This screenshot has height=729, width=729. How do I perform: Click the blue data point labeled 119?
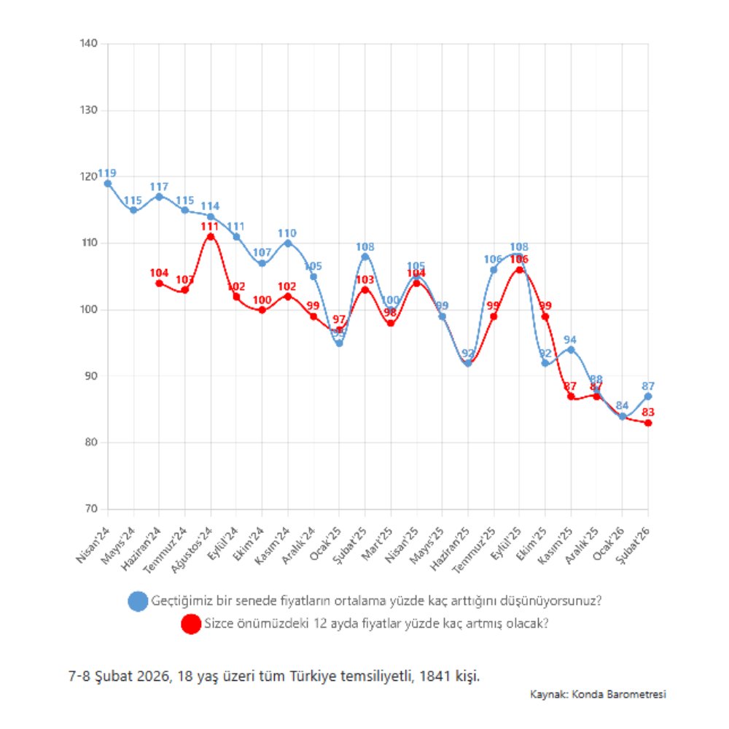coord(108,184)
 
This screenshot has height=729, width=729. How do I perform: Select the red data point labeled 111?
coord(211,236)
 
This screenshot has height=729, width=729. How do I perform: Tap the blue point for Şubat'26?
coord(648,397)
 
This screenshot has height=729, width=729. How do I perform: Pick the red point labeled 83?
coord(648,423)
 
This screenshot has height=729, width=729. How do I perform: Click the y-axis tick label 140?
coord(89,44)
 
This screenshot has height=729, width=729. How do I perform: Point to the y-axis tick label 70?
coord(92,509)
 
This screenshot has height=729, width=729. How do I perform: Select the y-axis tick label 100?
coord(89,310)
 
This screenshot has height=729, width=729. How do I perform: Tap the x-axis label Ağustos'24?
coord(193,547)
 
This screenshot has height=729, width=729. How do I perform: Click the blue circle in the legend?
coord(138,601)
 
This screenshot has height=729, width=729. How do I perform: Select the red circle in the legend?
coord(191,624)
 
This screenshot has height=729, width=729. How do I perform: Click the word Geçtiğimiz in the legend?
coord(179,601)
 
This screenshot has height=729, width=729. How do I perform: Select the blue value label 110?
coord(287,233)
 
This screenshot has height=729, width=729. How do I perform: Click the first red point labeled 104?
coord(159,283)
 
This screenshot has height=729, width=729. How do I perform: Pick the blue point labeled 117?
coord(159,197)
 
